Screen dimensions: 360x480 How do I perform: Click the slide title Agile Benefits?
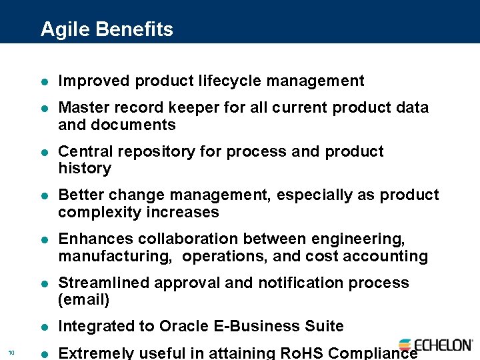(107, 29)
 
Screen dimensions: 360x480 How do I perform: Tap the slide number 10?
(11, 353)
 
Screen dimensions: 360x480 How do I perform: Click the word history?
(85, 169)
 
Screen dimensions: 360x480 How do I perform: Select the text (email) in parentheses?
(84, 300)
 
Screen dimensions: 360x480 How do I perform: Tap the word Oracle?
(183, 326)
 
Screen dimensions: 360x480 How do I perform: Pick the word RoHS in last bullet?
(299, 353)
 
